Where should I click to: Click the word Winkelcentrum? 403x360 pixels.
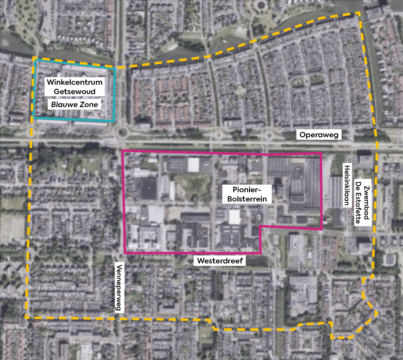(x=75, y=82)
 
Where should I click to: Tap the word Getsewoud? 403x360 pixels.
(x=75, y=91)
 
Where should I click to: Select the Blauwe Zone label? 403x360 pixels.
(x=75, y=104)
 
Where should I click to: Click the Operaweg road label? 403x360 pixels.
(x=319, y=135)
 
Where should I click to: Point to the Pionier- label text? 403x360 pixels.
(x=247, y=190)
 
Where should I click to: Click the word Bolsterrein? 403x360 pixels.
(x=247, y=199)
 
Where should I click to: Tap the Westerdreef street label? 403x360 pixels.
(x=220, y=261)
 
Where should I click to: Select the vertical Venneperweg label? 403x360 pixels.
(x=119, y=287)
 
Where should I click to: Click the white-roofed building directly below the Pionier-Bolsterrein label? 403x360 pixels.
(x=234, y=217)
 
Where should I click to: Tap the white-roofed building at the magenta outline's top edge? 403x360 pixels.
(x=193, y=164)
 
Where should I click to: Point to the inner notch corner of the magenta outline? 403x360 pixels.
(x=260, y=226)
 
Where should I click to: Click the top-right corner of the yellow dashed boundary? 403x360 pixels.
(x=359, y=13)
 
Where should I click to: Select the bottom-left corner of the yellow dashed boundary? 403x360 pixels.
(x=26, y=317)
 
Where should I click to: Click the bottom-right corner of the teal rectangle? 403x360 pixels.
(x=114, y=121)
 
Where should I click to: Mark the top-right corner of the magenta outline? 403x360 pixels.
(x=321, y=153)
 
